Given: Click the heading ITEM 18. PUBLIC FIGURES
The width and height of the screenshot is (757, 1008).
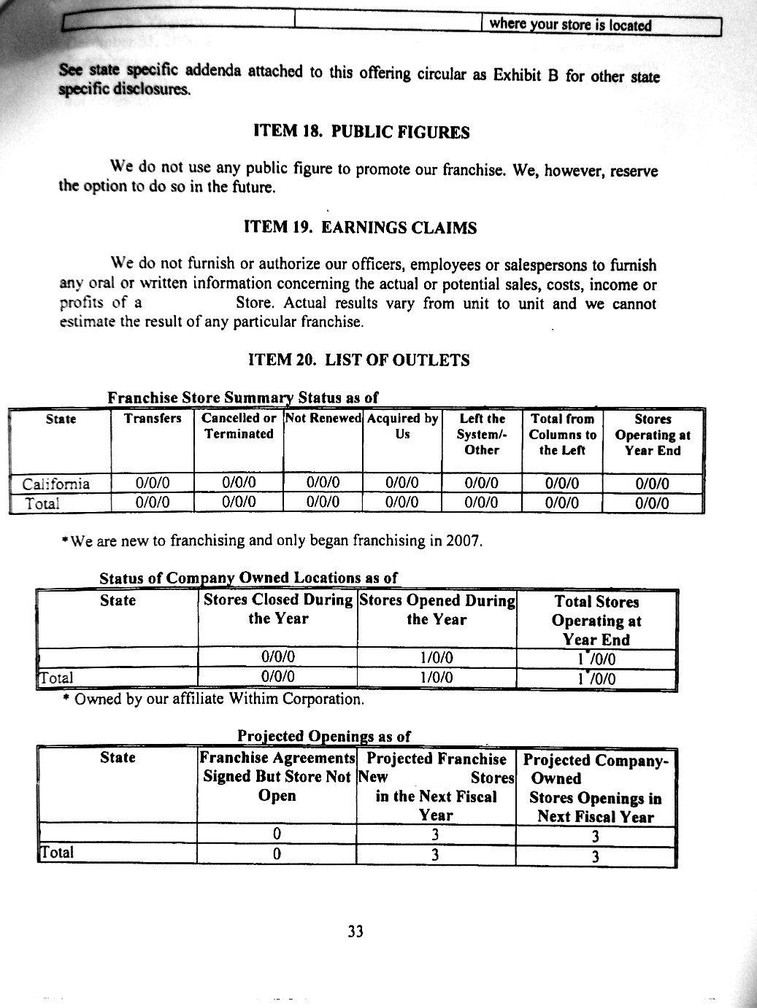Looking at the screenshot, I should coord(361,132).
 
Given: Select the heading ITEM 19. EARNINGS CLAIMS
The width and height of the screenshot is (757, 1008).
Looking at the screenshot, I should coord(360,228).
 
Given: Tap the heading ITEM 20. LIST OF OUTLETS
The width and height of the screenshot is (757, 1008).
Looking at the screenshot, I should coord(359,360).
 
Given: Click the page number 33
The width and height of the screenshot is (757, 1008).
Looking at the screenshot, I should coord(356,931).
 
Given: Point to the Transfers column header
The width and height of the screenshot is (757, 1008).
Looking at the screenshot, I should coord(153,419).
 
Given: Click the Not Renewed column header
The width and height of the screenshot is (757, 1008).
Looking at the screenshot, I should coord(323,419).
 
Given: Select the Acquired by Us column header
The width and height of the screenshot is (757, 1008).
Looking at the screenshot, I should coord(402,426).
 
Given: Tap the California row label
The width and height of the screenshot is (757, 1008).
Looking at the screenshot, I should coord(56,484).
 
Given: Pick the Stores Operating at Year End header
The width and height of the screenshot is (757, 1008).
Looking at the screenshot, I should coord(652,435).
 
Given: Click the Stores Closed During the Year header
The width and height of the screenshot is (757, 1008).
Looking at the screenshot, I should coord(277,609).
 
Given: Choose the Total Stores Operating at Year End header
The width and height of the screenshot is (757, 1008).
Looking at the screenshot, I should coord(596,621).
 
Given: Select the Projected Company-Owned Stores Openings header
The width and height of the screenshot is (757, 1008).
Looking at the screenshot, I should coord(596,788).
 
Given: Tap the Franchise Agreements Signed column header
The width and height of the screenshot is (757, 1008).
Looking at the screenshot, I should coord(277,777).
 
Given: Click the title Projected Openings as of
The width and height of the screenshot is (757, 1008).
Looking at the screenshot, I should coord(324,735).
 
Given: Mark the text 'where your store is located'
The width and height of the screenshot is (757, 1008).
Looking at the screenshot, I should coord(570,25).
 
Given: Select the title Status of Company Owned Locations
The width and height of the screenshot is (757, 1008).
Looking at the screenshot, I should coord(249,578).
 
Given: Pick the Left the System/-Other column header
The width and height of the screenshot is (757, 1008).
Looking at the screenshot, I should coord(482,435).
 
